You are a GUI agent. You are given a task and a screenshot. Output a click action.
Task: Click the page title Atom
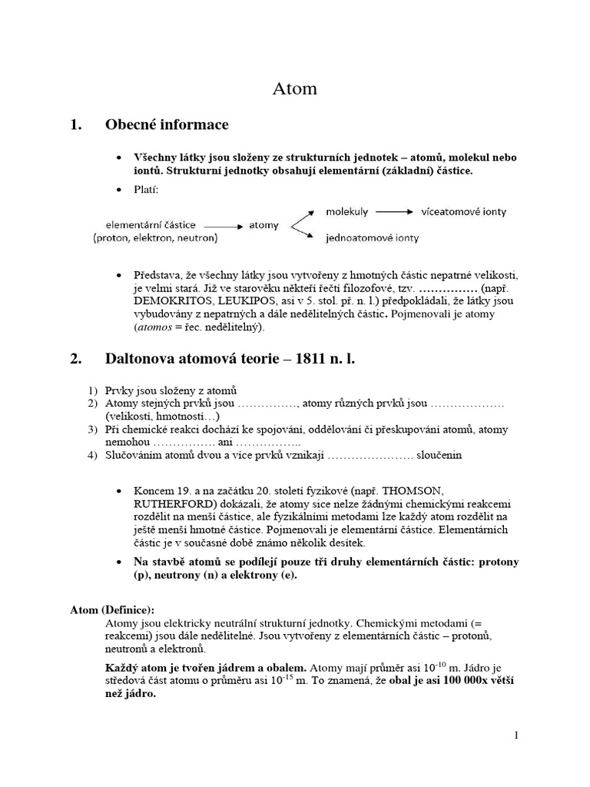click(x=295, y=89)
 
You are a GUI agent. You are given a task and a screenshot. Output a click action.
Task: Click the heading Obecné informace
click(x=166, y=125)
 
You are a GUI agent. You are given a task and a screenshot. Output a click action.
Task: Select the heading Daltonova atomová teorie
click(x=230, y=359)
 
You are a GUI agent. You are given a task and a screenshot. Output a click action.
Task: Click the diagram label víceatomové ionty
click(x=464, y=211)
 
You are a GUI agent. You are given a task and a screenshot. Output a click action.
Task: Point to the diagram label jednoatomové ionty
click(x=373, y=238)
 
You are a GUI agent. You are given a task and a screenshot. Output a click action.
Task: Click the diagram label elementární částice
click(x=151, y=225)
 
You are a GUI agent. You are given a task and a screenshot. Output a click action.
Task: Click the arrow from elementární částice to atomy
click(x=223, y=226)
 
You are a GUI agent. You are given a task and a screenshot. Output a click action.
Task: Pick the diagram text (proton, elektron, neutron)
click(x=156, y=238)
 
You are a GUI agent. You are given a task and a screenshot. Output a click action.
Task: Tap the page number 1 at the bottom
click(x=517, y=736)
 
